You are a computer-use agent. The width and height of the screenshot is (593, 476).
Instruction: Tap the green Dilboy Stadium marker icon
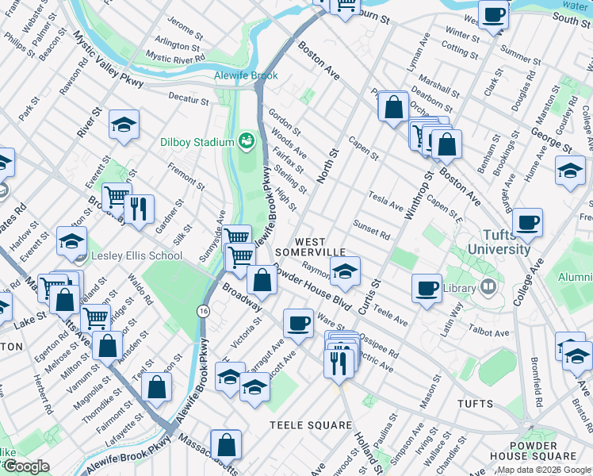(247, 141)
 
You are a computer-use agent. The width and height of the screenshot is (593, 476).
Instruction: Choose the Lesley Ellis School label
(136, 256)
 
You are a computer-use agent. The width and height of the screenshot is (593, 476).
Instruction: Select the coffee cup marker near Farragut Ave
(298, 323)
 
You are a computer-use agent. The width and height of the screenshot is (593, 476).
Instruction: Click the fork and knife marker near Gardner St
(139, 209)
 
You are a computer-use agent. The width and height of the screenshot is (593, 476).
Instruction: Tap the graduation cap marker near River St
(124, 124)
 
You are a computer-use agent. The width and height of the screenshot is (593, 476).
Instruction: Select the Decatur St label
(188, 101)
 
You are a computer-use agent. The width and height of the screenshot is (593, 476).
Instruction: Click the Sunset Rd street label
(372, 230)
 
